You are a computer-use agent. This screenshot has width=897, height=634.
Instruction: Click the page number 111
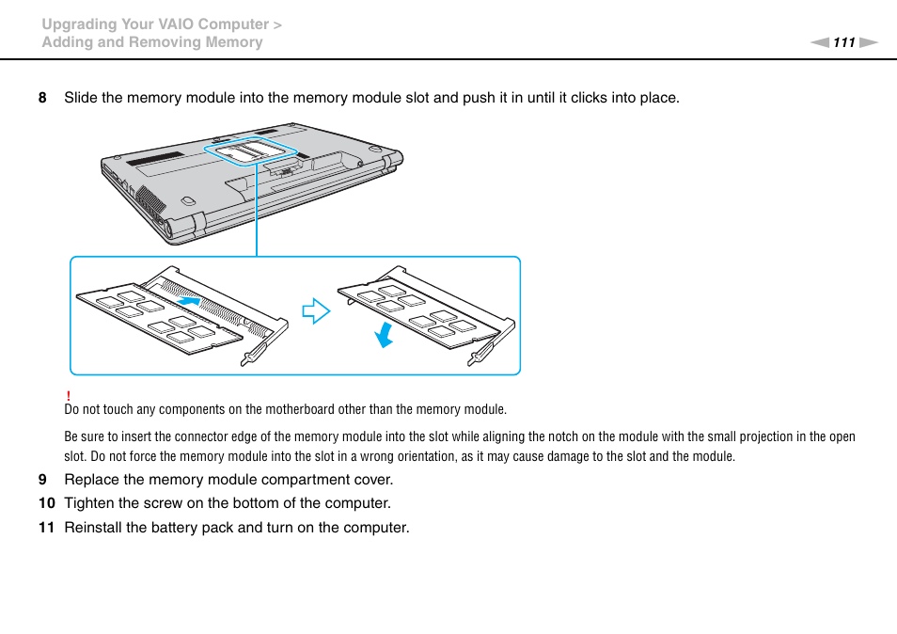coord(843,42)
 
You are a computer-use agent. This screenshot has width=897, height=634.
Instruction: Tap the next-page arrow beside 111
coord(868,42)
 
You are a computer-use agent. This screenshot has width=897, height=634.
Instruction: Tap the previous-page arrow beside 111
coord(820,42)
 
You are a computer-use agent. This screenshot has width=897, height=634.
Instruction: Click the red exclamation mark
coord(69,396)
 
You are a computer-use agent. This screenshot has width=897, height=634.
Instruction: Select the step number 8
coord(41,98)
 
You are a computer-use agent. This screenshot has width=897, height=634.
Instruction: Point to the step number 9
coord(41,479)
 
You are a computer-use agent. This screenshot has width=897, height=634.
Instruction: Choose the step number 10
coord(45,503)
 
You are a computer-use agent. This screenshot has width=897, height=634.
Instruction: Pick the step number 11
coord(45,528)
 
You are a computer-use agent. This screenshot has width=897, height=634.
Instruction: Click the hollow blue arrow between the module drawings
coord(316,311)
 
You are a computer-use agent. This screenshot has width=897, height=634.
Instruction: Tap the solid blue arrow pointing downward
coord(383,334)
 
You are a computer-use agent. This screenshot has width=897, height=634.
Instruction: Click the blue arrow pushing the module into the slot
coord(189,301)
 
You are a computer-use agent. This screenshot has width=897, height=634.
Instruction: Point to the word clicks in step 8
coord(577,98)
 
